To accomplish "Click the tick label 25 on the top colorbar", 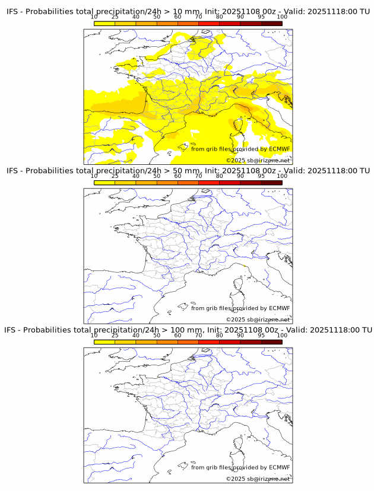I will tap(115, 17).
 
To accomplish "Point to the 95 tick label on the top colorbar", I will tap(261, 17).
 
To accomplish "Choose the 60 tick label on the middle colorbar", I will tap(178, 176).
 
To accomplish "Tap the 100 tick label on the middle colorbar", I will tap(282, 176).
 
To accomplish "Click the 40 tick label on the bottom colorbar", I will tap(136, 335).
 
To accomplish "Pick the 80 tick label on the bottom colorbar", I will tap(220, 335).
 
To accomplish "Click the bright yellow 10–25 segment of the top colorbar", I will tap(104, 24).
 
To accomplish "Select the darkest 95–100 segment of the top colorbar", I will tap(271, 24).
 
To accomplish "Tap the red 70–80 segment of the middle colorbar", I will tap(209, 183).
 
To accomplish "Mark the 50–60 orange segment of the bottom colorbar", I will tap(167, 342).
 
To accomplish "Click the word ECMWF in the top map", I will tap(279, 149).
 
